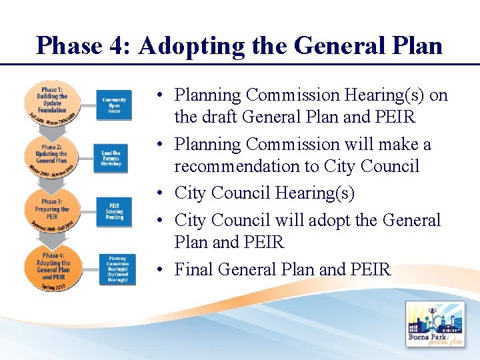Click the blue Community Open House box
(115, 105)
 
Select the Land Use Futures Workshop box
(111, 159)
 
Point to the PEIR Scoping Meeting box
(115, 211)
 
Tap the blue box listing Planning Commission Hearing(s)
(117, 269)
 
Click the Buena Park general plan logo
(435, 326)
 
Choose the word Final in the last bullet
(194, 269)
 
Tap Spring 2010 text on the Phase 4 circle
(52, 287)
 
